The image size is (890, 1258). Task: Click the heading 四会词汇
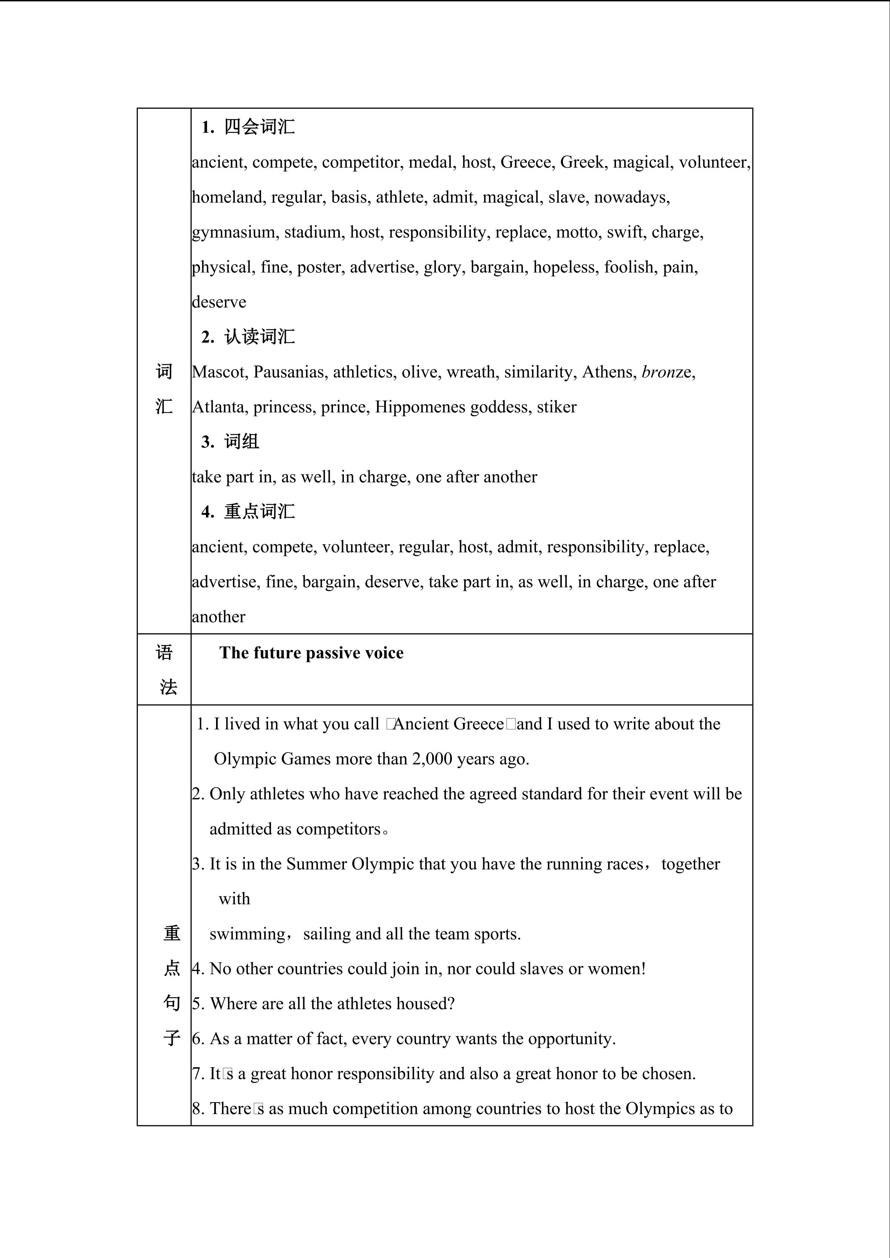click(259, 127)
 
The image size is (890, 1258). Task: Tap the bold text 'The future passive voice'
click(311, 653)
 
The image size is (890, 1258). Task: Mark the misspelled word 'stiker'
click(557, 407)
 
